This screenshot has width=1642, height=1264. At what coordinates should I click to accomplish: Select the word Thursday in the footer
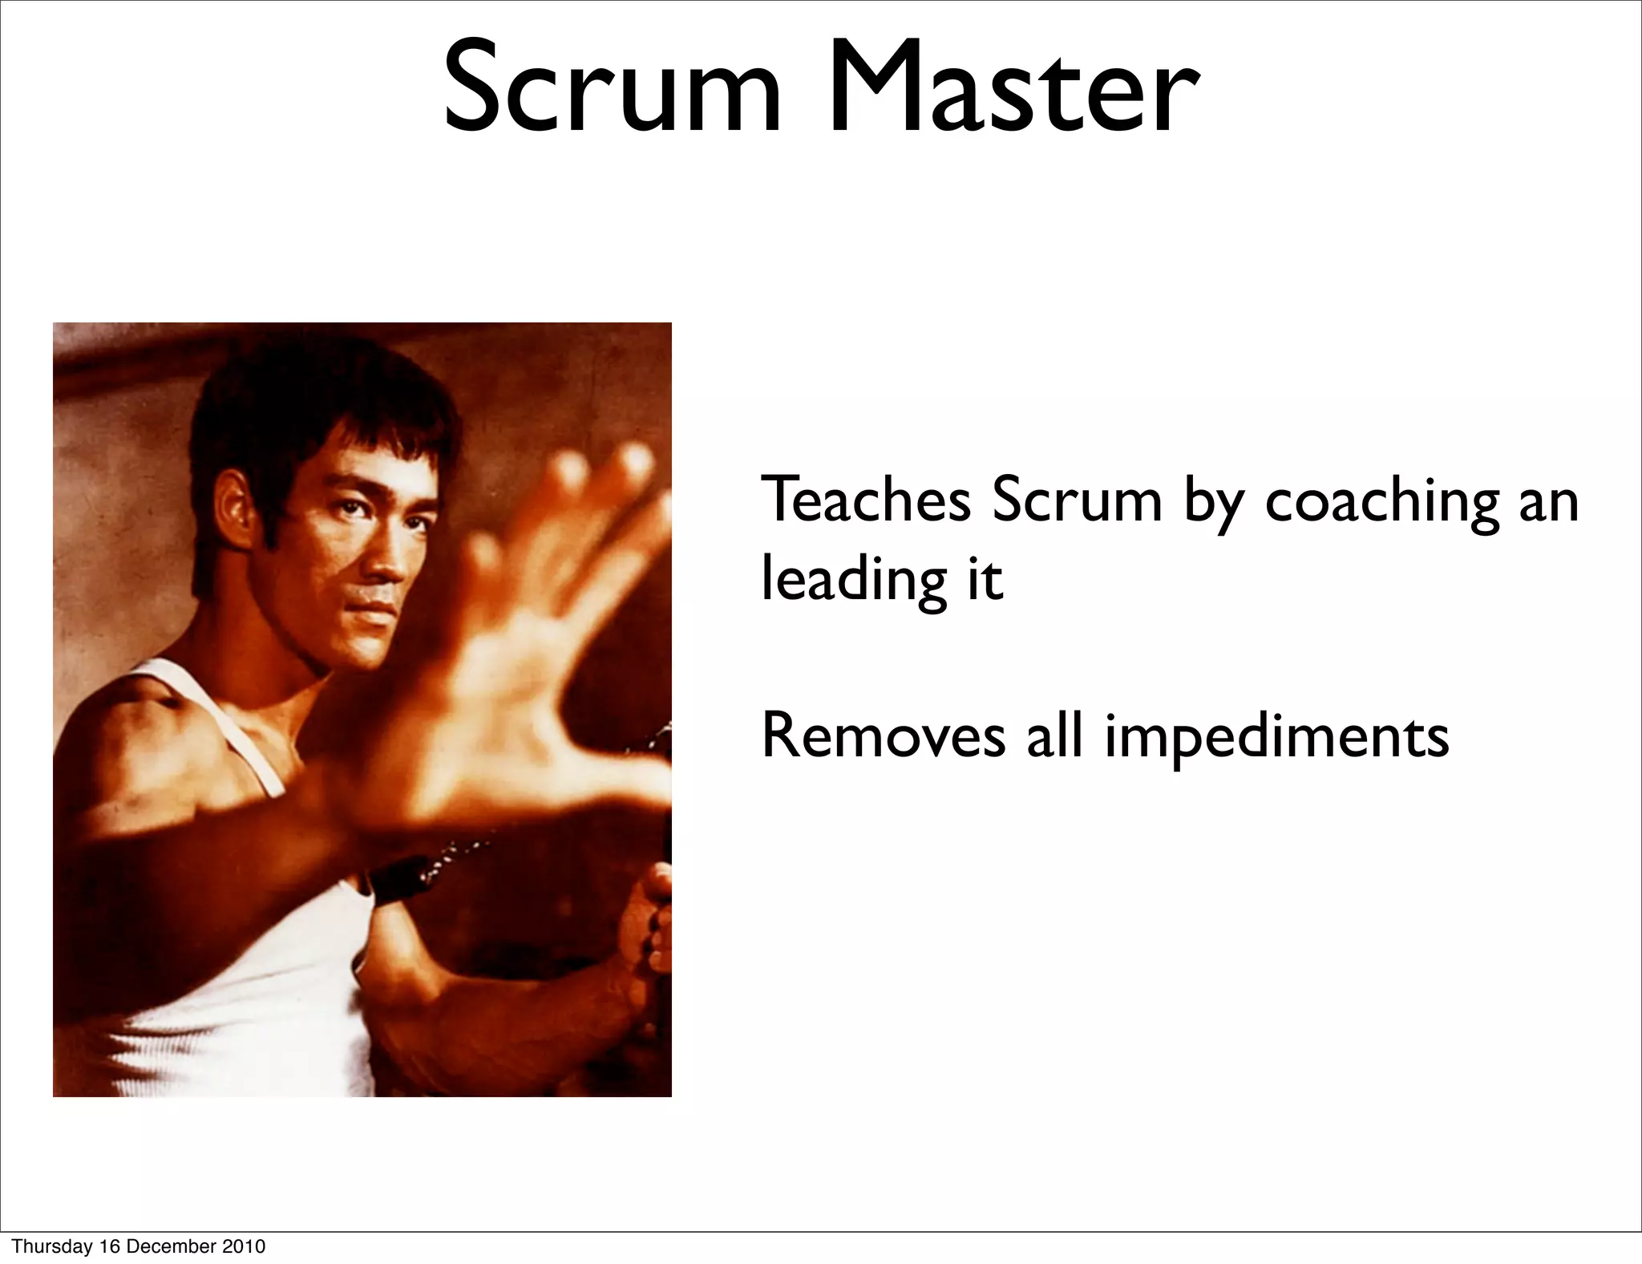(49, 1246)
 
